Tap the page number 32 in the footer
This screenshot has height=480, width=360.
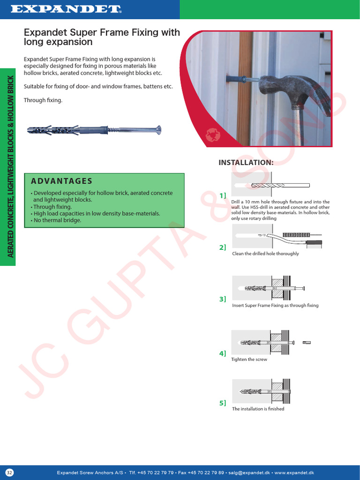pos(10,472)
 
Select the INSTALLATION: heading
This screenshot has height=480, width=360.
pos(246,163)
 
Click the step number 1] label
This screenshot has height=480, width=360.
pos(223,195)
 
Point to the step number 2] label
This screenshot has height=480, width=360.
pos(223,247)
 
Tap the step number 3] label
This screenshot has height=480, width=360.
pos(223,299)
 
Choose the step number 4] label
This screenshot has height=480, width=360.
pos(223,353)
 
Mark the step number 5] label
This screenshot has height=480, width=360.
pos(223,403)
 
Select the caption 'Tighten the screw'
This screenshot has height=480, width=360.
pos(249,360)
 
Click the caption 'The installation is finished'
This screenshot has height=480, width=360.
pos(258,409)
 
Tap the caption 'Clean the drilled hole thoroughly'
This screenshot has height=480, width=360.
pos(265,254)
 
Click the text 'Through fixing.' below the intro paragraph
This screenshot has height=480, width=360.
pos(43,100)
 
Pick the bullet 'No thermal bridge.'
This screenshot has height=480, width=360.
pos(56,220)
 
